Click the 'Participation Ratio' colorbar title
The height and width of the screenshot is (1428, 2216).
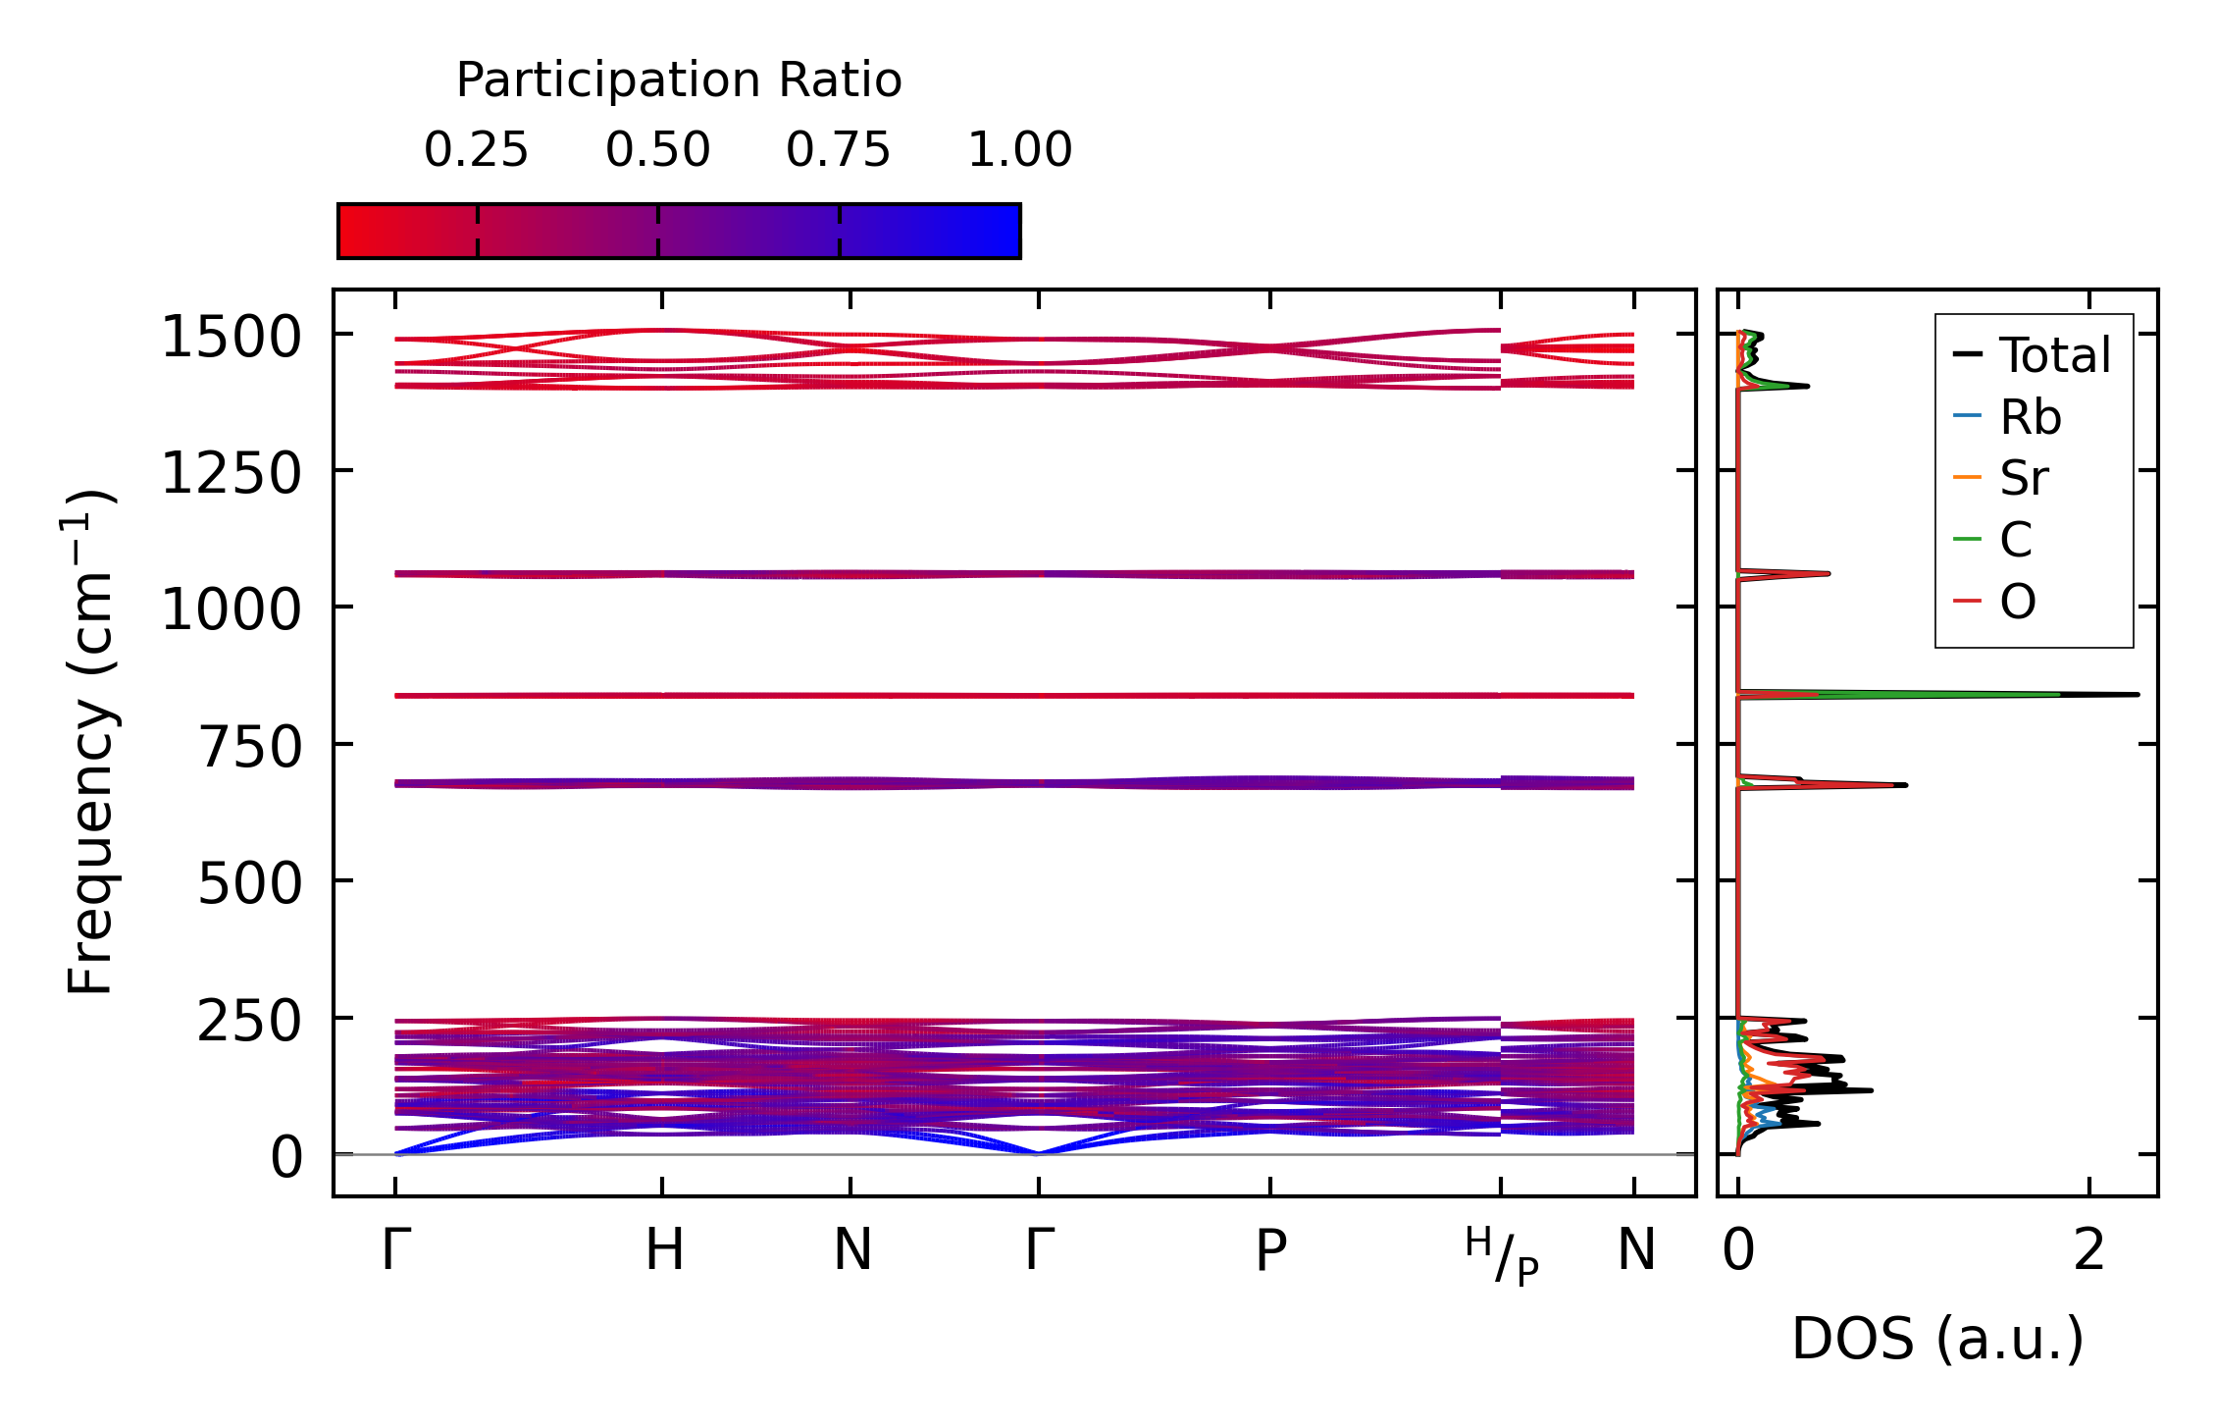point(679,80)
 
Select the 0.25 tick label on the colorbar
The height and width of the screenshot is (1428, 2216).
point(476,150)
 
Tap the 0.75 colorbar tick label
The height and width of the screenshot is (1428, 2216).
point(838,150)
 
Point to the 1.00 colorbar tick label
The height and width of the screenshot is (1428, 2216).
point(1019,150)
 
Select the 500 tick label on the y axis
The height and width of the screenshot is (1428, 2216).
point(249,883)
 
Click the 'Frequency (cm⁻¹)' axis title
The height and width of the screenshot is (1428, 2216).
point(91,743)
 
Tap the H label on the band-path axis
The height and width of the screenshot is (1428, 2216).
point(664,1250)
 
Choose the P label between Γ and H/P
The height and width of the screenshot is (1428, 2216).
point(1270,1251)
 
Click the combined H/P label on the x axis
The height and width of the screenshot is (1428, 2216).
point(1501,1255)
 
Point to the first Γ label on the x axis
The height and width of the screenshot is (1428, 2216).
point(395,1250)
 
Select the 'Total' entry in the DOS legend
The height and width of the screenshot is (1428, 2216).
point(2054,355)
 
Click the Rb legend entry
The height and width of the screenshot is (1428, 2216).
point(2030,417)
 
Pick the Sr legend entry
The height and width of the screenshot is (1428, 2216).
point(2024,478)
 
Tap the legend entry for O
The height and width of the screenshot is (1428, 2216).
point(2017,601)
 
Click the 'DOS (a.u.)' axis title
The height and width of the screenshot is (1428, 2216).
point(1937,1339)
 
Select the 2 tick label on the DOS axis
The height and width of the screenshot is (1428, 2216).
point(2089,1251)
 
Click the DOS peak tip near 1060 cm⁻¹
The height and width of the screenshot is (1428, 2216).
point(1829,573)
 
